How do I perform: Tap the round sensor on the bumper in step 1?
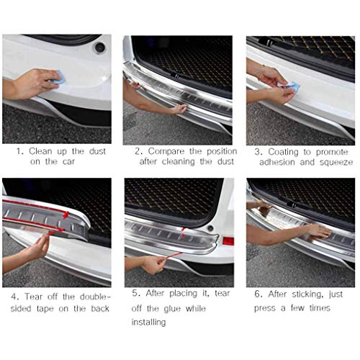(x=99, y=48)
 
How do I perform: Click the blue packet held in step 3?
(x=292, y=87)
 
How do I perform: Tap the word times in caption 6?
(x=316, y=308)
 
